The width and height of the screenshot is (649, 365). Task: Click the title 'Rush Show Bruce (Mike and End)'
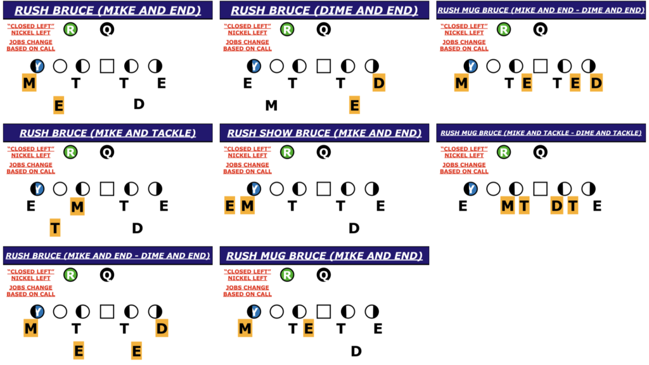click(x=324, y=133)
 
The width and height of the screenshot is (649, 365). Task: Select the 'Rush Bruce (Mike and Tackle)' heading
click(x=108, y=133)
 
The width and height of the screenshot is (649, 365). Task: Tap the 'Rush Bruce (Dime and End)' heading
click(x=324, y=10)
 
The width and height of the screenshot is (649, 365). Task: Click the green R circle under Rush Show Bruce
click(x=287, y=152)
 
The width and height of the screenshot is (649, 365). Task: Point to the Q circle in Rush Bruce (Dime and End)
click(x=324, y=29)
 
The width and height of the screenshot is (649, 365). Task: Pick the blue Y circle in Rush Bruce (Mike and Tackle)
click(x=37, y=189)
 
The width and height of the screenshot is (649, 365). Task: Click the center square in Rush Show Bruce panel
click(x=324, y=189)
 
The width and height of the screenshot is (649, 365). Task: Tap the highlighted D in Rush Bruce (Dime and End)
click(x=378, y=82)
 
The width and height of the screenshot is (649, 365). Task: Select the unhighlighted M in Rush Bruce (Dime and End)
click(x=271, y=105)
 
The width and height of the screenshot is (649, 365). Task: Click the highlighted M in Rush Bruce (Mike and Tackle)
click(x=77, y=206)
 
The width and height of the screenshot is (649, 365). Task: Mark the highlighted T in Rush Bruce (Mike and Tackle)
click(x=55, y=227)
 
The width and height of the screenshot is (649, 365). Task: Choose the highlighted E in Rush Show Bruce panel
click(x=229, y=206)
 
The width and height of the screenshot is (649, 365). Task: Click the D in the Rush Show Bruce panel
click(x=354, y=227)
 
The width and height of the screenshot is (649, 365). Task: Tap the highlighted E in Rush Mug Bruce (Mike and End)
click(x=309, y=328)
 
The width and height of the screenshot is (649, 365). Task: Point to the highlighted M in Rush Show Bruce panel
click(x=248, y=206)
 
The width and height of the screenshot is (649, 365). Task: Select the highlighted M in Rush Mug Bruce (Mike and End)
click(x=245, y=328)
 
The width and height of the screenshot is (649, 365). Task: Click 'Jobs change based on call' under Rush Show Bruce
click(x=247, y=168)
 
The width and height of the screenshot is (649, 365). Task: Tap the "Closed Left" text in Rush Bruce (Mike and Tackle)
click(x=30, y=149)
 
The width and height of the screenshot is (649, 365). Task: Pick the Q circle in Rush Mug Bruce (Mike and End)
click(x=324, y=275)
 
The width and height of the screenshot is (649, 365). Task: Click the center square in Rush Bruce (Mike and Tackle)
click(x=107, y=189)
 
